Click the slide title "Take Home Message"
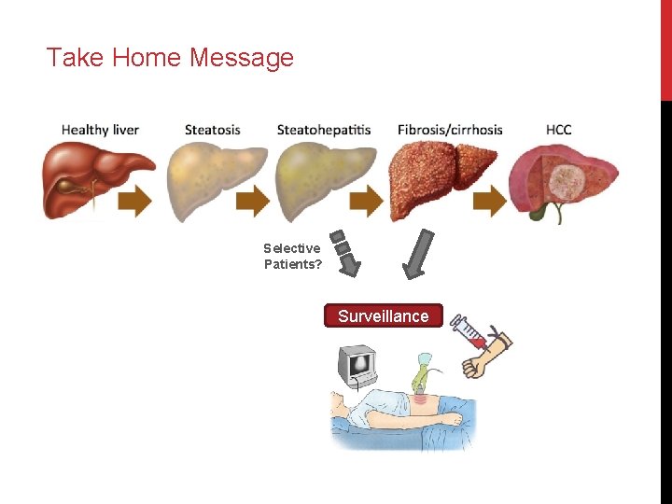(x=170, y=58)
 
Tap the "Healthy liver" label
(x=100, y=130)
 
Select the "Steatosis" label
(x=212, y=130)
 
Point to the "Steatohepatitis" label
(x=323, y=130)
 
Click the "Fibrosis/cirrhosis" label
(x=449, y=130)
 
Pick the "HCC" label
(x=558, y=130)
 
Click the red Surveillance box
(x=383, y=315)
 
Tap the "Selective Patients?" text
(x=292, y=256)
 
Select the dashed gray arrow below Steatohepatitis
(x=344, y=253)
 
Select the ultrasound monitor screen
(x=358, y=364)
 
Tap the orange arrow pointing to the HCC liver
(x=492, y=200)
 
